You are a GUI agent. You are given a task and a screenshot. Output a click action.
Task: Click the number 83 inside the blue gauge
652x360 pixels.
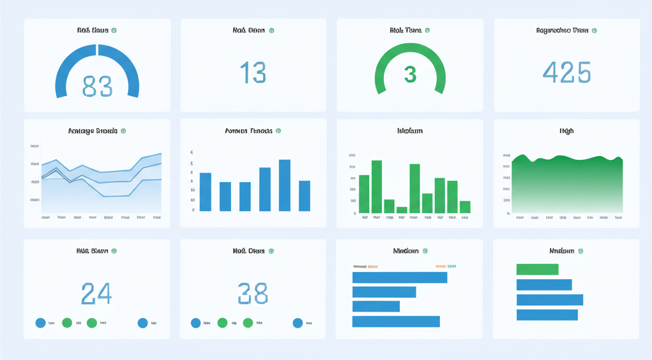[97, 86]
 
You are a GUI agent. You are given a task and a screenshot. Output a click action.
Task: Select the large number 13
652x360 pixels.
[253, 73]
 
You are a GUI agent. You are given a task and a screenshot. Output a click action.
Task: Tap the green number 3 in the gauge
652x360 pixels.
[410, 75]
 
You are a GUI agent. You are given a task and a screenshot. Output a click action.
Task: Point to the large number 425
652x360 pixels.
[567, 73]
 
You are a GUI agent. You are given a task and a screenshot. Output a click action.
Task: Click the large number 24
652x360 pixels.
[97, 293]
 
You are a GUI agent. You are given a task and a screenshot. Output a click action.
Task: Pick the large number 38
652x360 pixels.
[253, 293]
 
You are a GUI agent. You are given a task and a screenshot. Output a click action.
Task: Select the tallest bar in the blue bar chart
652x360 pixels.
[285, 185]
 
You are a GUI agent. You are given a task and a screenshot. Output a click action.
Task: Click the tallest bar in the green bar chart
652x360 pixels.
[376, 187]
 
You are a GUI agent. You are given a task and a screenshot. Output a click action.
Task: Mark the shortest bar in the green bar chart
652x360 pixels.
[401, 210]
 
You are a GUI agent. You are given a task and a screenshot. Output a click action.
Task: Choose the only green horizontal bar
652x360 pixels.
[537, 270]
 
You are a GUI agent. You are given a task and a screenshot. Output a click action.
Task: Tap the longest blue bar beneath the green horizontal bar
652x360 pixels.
[549, 299]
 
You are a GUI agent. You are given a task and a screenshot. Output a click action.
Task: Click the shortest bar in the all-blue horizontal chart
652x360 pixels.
[376, 306]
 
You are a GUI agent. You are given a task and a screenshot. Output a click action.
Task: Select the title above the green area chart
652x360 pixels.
[566, 131]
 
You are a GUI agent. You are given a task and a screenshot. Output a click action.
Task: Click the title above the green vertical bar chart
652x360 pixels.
[409, 131]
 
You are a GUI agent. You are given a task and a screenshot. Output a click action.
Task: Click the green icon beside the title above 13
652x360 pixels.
[272, 30]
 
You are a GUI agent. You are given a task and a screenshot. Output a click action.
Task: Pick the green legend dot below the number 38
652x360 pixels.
[222, 323]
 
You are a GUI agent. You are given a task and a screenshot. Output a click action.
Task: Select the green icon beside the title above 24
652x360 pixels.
[115, 251]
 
